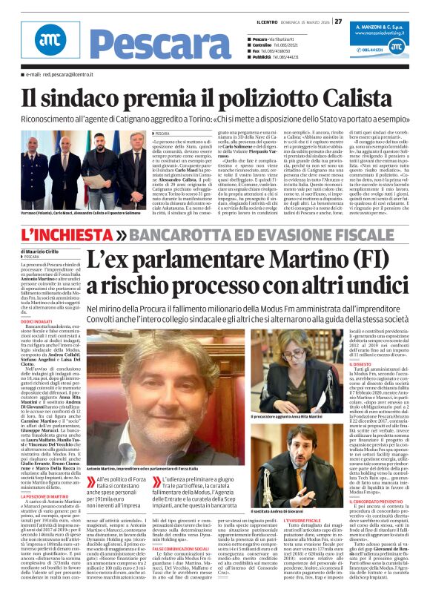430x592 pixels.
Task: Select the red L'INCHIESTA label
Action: click(67, 234)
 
